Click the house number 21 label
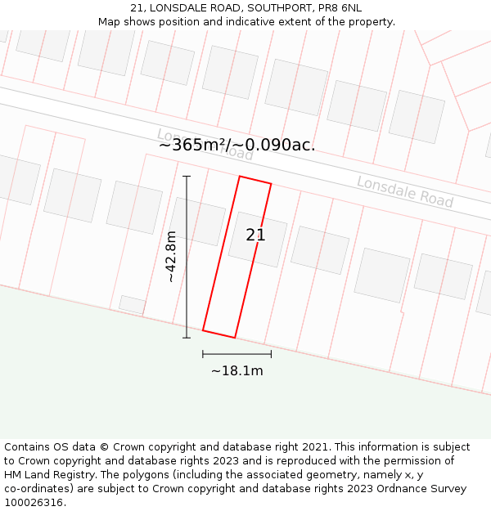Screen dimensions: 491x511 [255, 235]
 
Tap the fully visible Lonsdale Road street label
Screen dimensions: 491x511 [404, 191]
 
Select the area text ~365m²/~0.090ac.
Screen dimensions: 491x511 [236, 146]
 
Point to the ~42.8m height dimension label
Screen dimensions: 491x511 [170, 257]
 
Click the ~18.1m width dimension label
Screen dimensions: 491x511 [237, 371]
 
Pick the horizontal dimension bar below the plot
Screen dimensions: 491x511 [237, 354]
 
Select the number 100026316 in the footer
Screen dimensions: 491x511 [34, 503]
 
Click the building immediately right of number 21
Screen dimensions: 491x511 [320, 249]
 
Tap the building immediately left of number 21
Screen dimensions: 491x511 [197, 222]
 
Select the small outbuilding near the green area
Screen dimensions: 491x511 [133, 304]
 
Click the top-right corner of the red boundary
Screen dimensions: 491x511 [271, 184]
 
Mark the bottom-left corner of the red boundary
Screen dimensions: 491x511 [203, 330]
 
